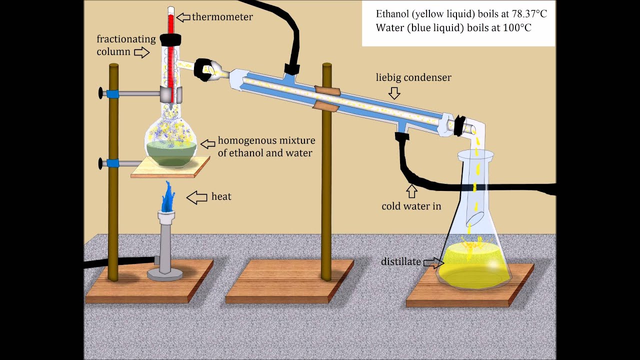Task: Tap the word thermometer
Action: click(x=222, y=17)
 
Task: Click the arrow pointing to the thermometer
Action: click(x=183, y=17)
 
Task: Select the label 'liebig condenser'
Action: click(x=413, y=77)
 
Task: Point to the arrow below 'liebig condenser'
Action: click(x=394, y=93)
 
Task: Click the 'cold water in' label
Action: click(x=411, y=206)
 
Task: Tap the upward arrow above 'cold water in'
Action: click(x=411, y=191)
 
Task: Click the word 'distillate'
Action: click(x=400, y=261)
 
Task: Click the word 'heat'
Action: click(x=221, y=196)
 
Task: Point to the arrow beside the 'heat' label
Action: click(x=197, y=197)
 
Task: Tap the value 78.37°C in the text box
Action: click(x=525, y=14)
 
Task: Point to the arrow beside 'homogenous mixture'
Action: click(x=208, y=144)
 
